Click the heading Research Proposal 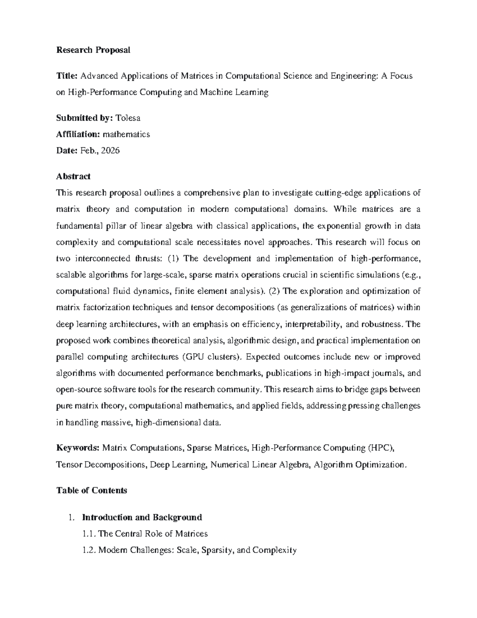pyautogui.click(x=93, y=50)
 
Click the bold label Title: pyautogui.click(x=67, y=76)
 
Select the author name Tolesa pyautogui.click(x=128, y=118)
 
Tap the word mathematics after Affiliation pyautogui.click(x=126, y=134)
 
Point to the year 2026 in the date pyautogui.click(x=111, y=150)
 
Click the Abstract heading pyautogui.click(x=73, y=176)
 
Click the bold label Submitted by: pyautogui.click(x=85, y=118)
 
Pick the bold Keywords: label pyautogui.click(x=78, y=448)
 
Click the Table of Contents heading pyautogui.click(x=91, y=490)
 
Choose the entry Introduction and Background pyautogui.click(x=142, y=517)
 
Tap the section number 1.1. pyautogui.click(x=89, y=534)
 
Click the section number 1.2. pyautogui.click(x=89, y=550)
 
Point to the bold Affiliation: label pyautogui.click(x=78, y=134)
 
